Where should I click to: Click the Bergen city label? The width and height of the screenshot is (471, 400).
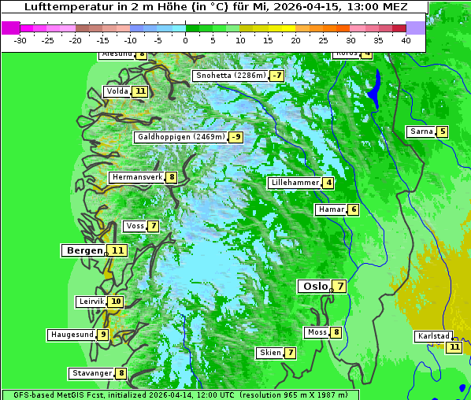pyautogui.click(x=84, y=250)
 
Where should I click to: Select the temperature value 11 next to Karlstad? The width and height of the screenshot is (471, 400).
pyautogui.click(x=454, y=347)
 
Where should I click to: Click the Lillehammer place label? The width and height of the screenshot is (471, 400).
pyautogui.click(x=295, y=183)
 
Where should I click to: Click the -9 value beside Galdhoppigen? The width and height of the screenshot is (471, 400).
pyautogui.click(x=235, y=137)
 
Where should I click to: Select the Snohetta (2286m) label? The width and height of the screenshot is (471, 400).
pyautogui.click(x=231, y=76)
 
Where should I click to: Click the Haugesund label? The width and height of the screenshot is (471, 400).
pyautogui.click(x=72, y=335)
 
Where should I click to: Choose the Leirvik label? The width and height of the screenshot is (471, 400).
pyautogui.click(x=91, y=302)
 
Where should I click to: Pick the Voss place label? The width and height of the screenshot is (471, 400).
pyautogui.click(x=135, y=226)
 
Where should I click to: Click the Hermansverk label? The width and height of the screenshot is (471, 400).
pyautogui.click(x=136, y=177)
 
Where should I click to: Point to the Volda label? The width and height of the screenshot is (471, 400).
pyautogui.click(x=117, y=91)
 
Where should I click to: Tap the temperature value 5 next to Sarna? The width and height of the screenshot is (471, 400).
pyautogui.click(x=443, y=131)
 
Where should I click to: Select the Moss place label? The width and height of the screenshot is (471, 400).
pyautogui.click(x=317, y=332)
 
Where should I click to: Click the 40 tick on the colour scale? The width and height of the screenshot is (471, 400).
pyautogui.click(x=406, y=40)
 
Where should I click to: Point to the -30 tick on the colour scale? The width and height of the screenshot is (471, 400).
pyautogui.click(x=20, y=40)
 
